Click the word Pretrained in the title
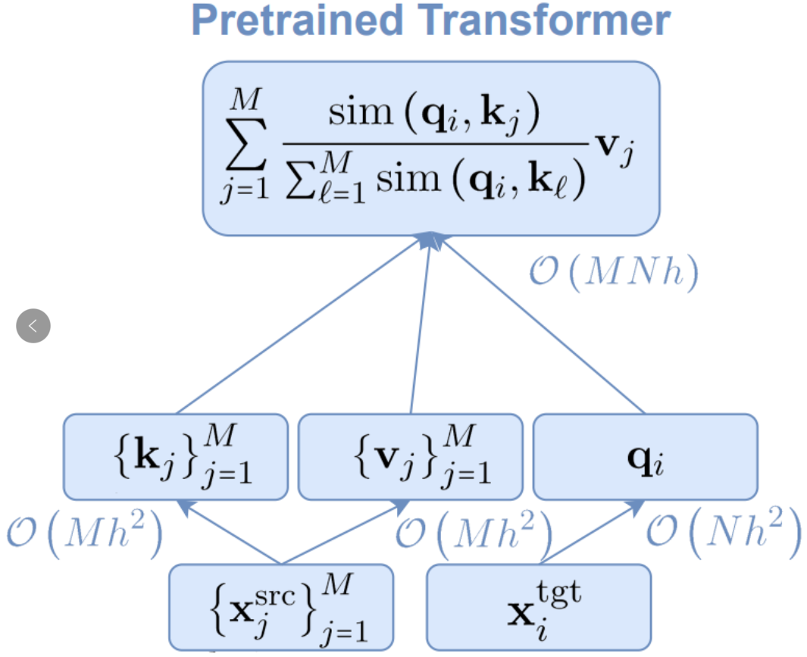click(296, 20)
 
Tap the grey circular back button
click(33, 327)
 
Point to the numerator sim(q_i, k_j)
click(433, 117)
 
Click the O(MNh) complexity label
click(612, 274)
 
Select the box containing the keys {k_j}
click(175, 455)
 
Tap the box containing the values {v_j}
click(411, 455)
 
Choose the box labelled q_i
click(646, 455)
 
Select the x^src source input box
click(281, 607)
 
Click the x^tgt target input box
click(539, 607)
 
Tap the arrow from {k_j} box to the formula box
click(303, 326)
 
